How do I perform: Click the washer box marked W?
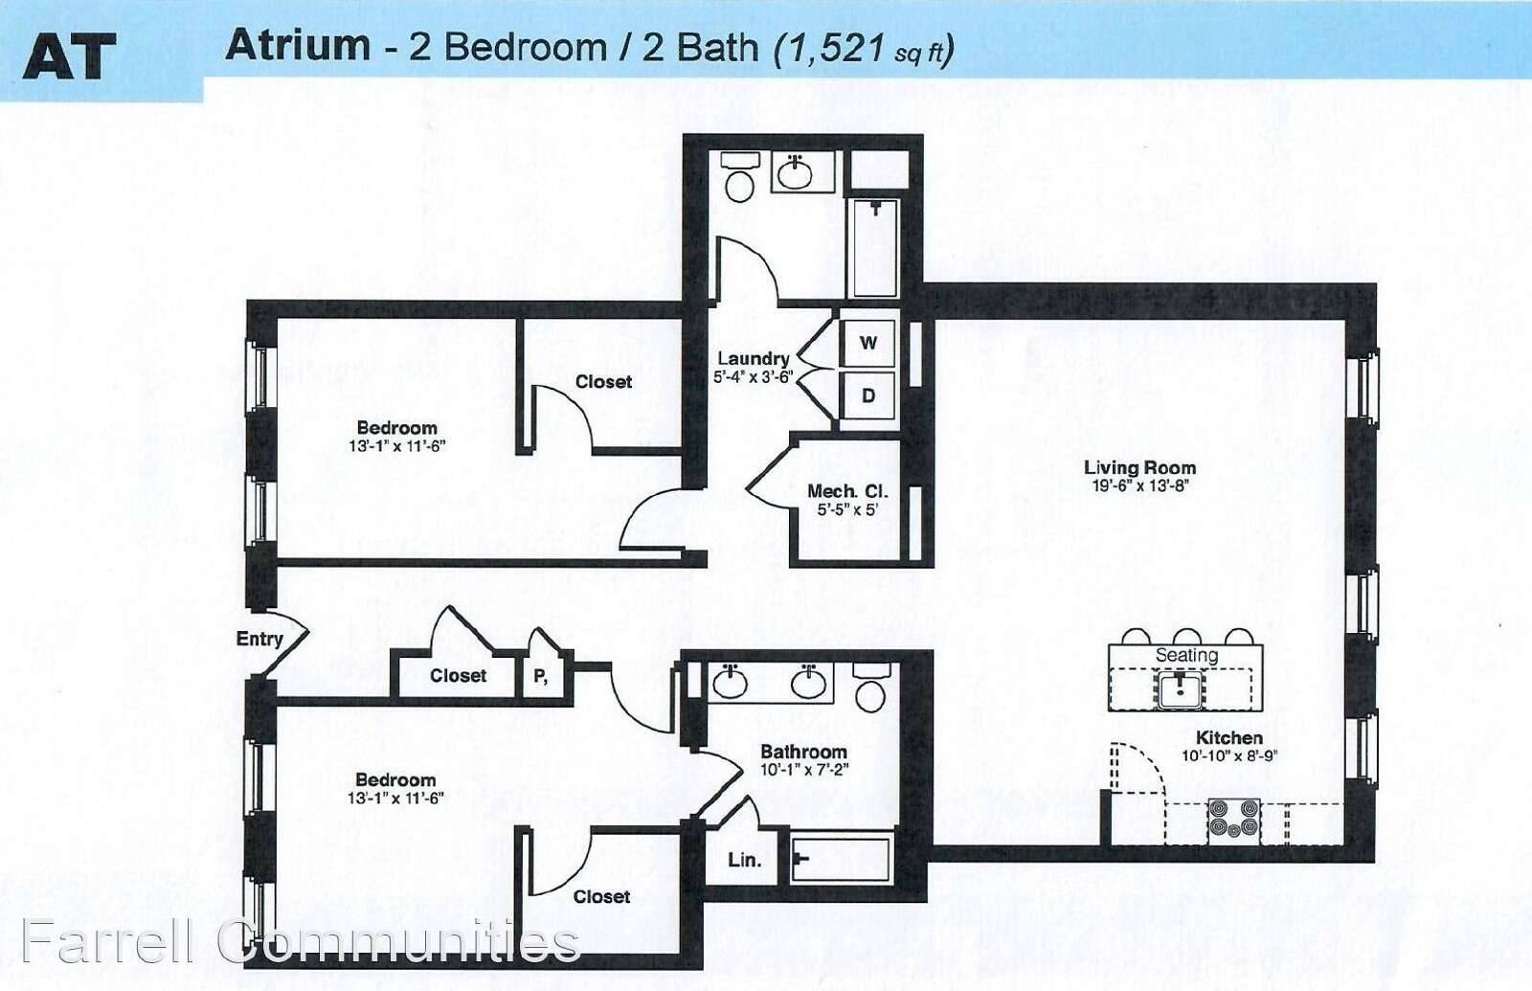point(867,343)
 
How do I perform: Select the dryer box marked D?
point(867,396)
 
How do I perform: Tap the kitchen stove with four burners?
point(1234,819)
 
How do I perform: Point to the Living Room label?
point(1140,468)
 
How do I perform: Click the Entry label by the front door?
point(259,639)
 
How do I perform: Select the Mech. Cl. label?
point(847,491)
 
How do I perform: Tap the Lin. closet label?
point(745,861)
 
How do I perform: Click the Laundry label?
point(753,358)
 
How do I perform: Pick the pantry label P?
point(540,676)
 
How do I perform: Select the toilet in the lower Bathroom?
point(870,687)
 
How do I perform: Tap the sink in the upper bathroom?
point(795,172)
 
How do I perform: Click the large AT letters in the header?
point(69,56)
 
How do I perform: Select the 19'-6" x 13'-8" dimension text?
point(1140,486)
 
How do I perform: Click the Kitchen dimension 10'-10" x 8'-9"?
point(1229,755)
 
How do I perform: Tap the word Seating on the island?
point(1186,655)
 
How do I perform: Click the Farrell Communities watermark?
point(301,942)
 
